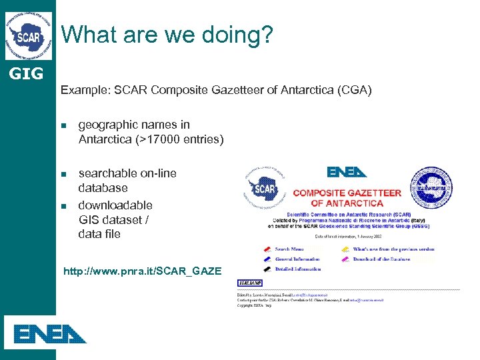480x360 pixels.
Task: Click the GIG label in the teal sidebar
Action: pos(27,73)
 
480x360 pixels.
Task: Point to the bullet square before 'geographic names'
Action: pos(65,125)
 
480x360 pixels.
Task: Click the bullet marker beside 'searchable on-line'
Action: pos(65,174)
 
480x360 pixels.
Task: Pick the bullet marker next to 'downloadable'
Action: pos(65,206)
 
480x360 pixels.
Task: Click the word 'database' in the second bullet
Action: pos(103,188)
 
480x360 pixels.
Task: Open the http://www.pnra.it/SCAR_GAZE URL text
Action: pos(141,271)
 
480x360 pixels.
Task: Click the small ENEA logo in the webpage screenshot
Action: pos(347,172)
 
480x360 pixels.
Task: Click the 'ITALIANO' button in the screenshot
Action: pos(250,283)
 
